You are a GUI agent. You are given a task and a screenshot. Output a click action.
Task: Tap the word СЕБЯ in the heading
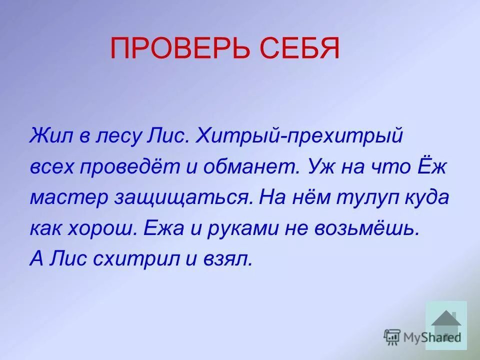(299, 49)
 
